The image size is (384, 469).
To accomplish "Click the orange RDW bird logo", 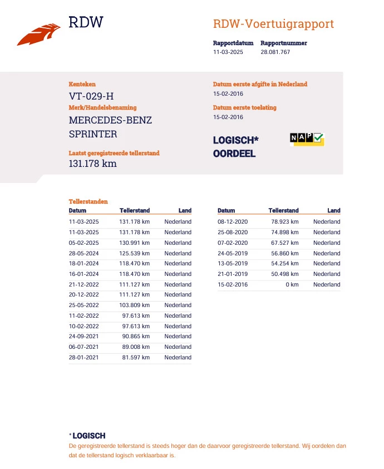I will (x=38, y=34).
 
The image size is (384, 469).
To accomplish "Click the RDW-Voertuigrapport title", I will (x=273, y=24).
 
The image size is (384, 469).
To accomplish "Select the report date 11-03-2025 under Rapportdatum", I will (x=228, y=52).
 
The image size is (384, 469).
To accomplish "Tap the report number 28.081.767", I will (x=275, y=52).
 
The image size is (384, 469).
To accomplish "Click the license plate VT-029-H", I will (x=91, y=96).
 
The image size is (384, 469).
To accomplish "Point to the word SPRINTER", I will (x=93, y=134).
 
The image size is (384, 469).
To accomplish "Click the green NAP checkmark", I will (x=318, y=137).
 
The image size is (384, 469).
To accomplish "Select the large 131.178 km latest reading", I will (x=93, y=164).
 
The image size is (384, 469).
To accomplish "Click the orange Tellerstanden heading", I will (x=88, y=201).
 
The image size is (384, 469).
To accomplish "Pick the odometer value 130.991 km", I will (x=135, y=243).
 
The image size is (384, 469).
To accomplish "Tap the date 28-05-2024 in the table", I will (x=83, y=253).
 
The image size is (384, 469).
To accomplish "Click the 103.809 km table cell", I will (x=135, y=305).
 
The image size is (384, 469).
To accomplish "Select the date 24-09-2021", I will (x=83, y=336).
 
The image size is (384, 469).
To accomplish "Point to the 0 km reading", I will (x=293, y=284).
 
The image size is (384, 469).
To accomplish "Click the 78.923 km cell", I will (x=284, y=222).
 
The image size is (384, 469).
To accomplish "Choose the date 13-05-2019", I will (x=233, y=264).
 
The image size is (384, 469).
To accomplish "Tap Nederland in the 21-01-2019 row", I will (x=327, y=274).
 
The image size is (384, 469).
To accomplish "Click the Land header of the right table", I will (x=334, y=211).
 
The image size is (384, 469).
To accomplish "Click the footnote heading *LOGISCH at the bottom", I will (x=87, y=436).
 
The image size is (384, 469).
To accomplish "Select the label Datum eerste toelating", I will (x=244, y=107).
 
